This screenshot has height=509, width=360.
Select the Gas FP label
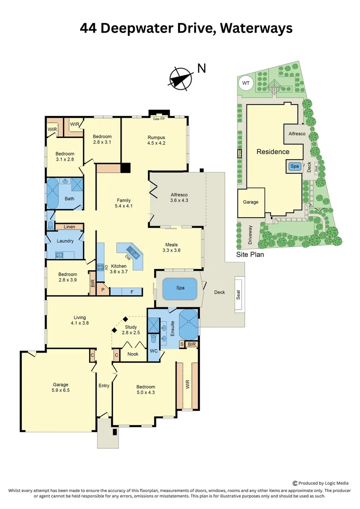(x=159, y=119)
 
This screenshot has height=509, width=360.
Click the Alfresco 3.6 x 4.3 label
(x=179, y=197)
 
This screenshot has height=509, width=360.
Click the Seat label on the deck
(x=238, y=295)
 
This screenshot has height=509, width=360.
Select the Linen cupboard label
(x=69, y=227)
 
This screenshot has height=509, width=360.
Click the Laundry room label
(x=65, y=241)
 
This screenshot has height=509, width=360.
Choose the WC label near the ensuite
(x=154, y=351)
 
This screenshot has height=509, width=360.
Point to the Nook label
(x=133, y=353)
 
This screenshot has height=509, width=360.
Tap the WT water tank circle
(x=245, y=83)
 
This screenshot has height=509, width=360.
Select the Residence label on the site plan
(x=273, y=152)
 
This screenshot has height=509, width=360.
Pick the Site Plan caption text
(x=250, y=254)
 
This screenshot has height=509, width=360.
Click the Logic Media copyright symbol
(x=295, y=483)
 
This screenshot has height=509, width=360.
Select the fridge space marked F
(x=132, y=292)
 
